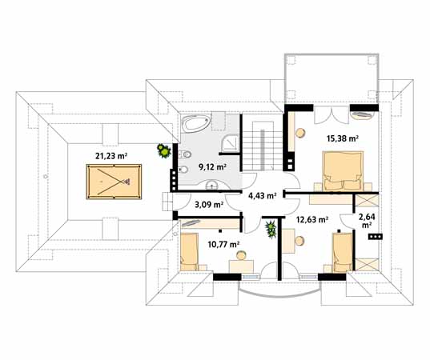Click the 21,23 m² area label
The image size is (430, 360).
pos(111,156)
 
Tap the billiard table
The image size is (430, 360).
pos(114,182)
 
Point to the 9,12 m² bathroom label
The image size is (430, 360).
pos(212,167)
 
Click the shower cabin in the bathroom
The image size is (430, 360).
pos(231,142)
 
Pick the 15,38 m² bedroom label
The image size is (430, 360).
pos(343,138)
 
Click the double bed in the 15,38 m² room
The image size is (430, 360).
pos(343,170)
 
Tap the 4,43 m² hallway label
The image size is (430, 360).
pos(262,196)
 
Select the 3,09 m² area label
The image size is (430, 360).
pos(209,204)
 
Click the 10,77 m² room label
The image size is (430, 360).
pos(223,244)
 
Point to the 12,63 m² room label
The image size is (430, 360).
pos(312,220)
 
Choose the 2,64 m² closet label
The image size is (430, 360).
pos(367,221)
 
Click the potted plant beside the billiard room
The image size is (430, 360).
pos(164,151)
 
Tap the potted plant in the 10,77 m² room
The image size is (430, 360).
pos(271,229)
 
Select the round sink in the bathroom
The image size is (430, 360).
pos(211,186)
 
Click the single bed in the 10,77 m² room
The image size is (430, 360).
pos(190,252)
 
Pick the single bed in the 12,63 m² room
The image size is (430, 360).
pos(342,253)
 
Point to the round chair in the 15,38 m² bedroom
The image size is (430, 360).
pos(300,133)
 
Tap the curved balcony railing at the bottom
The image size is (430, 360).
pos(279,296)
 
